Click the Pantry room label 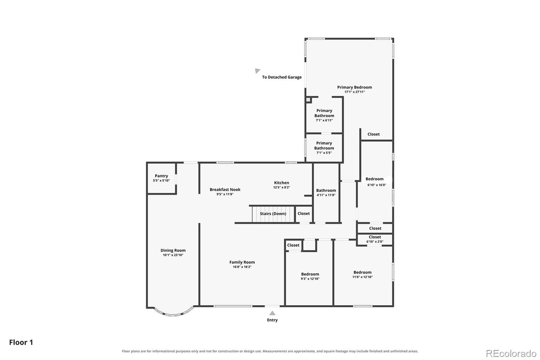pos(161,176)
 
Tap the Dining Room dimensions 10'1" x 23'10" pos(173,255)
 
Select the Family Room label pos(242,262)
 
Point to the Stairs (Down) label pos(273,213)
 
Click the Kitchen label pos(281,183)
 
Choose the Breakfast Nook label pos(225,190)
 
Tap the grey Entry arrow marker pos(272,313)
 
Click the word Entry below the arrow pos(272,320)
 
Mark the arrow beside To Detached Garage pos(258,71)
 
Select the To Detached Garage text pos(282,77)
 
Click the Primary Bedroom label pos(354,87)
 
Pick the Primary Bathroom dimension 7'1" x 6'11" pos(324,120)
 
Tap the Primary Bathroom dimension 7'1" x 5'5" pos(324,153)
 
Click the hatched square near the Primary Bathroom pos(308,99)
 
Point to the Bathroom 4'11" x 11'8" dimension pos(326,195)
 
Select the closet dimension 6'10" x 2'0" pos(375,241)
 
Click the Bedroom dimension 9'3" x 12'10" pos(310,279)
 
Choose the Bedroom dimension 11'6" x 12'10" pos(362,277)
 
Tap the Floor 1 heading pos(21,342)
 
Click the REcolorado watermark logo pos(511,354)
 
